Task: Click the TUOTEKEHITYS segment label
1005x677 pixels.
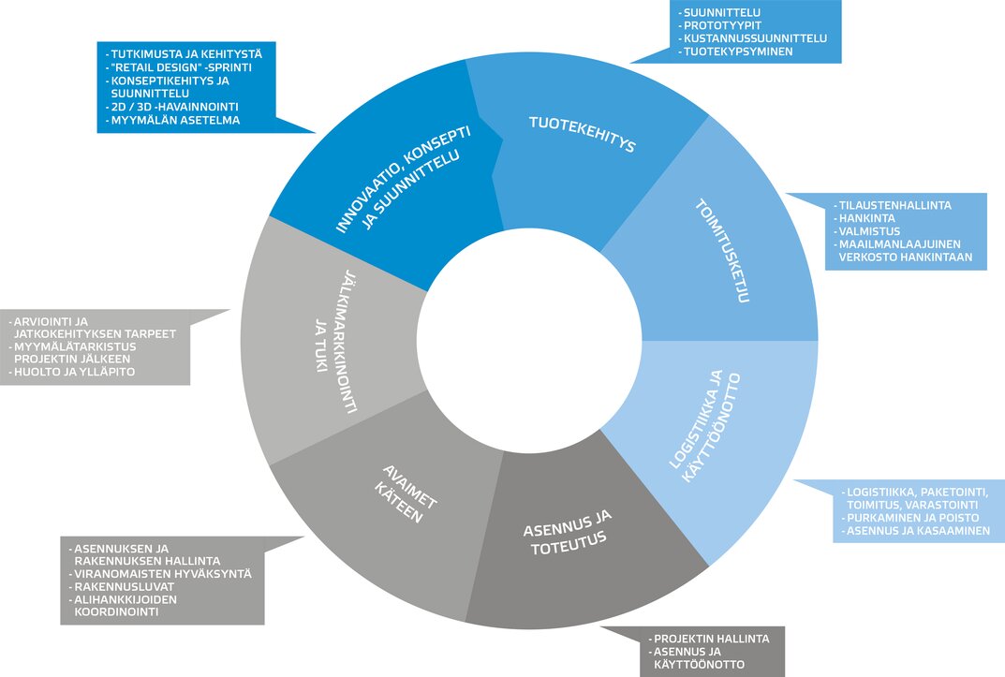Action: [x=583, y=134]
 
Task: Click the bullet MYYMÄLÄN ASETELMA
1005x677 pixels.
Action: [x=174, y=120]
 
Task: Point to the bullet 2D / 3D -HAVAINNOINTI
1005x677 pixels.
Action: [x=175, y=107]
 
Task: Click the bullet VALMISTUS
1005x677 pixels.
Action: [x=870, y=230]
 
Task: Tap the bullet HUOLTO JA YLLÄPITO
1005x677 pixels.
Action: [x=74, y=372]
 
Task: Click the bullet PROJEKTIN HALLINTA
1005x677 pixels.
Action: [x=711, y=639]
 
